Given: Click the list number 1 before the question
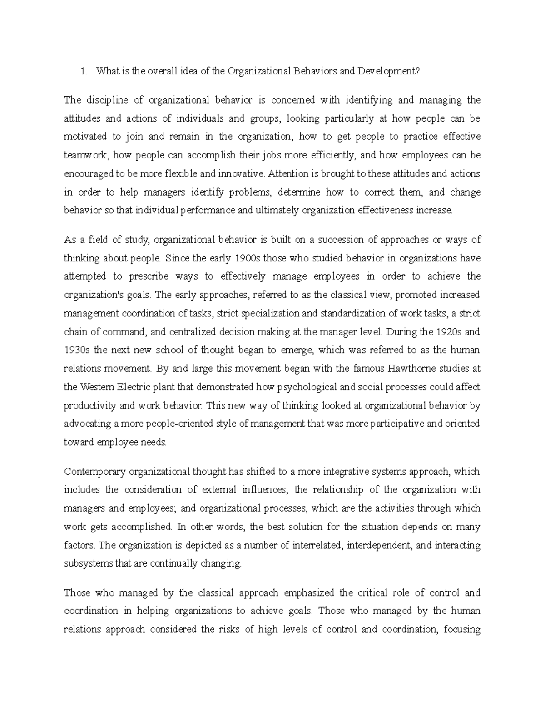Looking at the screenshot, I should pyautogui.click(x=82, y=71).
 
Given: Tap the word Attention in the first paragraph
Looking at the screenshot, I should pyautogui.click(x=285, y=173).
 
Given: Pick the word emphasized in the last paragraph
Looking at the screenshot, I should pyautogui.click(x=308, y=593).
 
